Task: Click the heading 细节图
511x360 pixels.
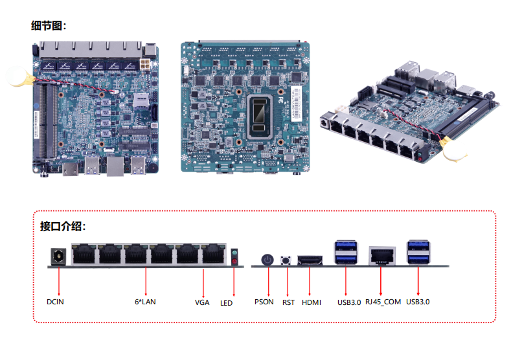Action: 49,26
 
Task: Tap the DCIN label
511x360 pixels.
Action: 56,302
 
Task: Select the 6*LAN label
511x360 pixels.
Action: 145,302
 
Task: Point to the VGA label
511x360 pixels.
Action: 202,302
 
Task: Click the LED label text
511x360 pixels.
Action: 226,302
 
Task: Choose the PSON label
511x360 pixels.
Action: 264,302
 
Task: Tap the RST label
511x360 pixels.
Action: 288,302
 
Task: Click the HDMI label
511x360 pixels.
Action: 312,302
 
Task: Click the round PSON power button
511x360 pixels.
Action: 266,260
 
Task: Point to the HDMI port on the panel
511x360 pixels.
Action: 310,261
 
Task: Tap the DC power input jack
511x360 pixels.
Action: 59,257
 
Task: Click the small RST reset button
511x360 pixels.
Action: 286,260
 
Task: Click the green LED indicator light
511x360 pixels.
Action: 234,253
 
